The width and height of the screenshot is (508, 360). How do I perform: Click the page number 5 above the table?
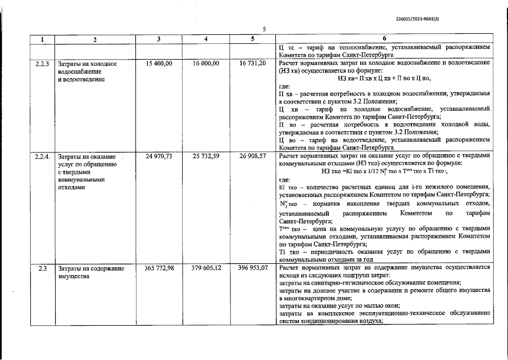pyautogui.click(x=264, y=29)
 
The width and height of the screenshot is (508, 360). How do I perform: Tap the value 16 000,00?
pyautogui.click(x=206, y=64)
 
